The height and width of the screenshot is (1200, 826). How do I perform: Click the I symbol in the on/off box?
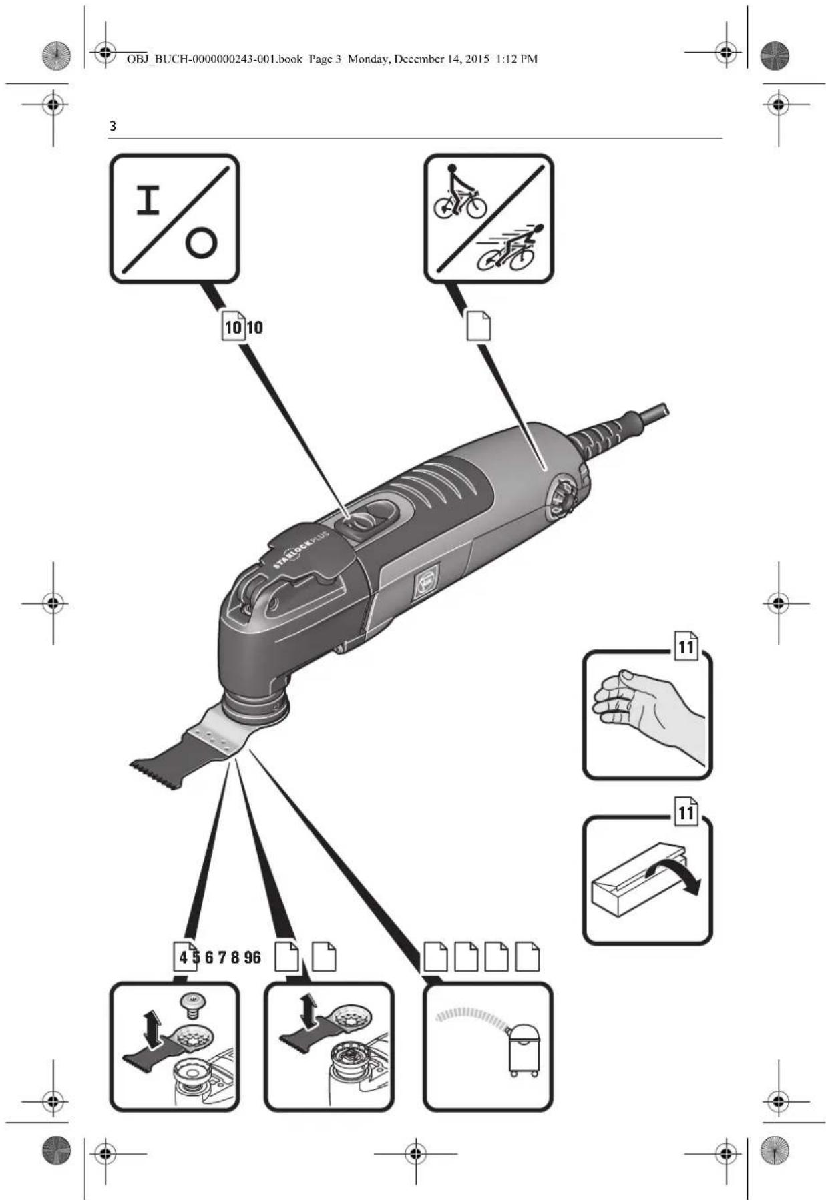[148, 200]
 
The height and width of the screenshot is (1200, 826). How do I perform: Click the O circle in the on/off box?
[201, 244]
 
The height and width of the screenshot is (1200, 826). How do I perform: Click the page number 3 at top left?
[113, 126]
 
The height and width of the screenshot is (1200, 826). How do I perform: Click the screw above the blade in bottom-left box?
[193, 1003]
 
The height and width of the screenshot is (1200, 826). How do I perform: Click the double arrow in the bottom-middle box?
[308, 1011]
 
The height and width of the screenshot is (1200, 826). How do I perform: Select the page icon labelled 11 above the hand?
[686, 646]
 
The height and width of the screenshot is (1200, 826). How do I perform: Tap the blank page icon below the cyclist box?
[478, 326]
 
